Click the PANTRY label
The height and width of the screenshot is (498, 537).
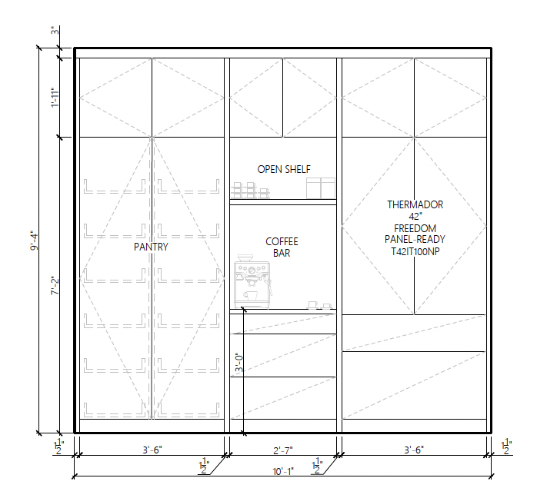click(x=151, y=247)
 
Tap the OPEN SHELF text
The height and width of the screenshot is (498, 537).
click(x=284, y=169)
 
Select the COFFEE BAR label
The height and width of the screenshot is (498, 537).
click(x=282, y=247)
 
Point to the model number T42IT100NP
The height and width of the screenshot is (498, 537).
click(x=415, y=251)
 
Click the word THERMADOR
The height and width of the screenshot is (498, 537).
click(x=415, y=204)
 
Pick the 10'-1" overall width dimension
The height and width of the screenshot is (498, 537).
click(x=283, y=471)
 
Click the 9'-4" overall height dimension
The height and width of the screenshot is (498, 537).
click(x=35, y=241)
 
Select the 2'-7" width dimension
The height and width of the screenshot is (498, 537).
click(x=283, y=450)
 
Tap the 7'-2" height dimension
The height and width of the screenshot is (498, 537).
click(x=55, y=286)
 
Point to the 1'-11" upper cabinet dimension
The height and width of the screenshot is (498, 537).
click(x=55, y=98)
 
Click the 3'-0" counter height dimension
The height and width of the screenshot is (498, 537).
click(x=239, y=363)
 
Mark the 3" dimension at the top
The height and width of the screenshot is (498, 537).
click(x=55, y=31)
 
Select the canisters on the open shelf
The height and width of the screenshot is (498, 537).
click(x=321, y=188)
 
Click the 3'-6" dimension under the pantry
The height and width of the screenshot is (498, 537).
click(x=152, y=450)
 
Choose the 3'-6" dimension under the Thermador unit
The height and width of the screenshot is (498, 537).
click(x=414, y=450)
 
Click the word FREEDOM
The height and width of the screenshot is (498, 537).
click(x=415, y=228)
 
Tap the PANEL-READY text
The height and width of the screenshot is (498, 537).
click(x=415, y=240)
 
